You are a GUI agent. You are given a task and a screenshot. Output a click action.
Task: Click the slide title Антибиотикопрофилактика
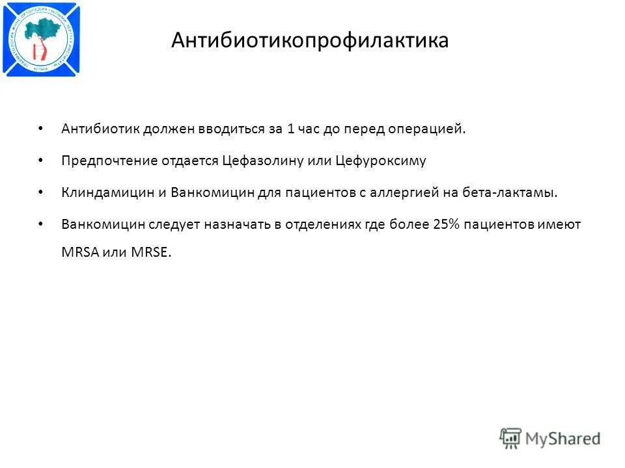(310, 41)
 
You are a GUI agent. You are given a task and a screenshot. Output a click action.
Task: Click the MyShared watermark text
(562, 439)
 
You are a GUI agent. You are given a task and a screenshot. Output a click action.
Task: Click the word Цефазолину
(263, 161)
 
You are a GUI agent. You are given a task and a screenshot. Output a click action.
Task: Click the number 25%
(446, 224)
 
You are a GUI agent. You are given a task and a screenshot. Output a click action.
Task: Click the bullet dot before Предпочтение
(41, 160)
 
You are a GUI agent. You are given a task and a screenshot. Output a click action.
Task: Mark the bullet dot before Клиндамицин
(41, 192)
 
